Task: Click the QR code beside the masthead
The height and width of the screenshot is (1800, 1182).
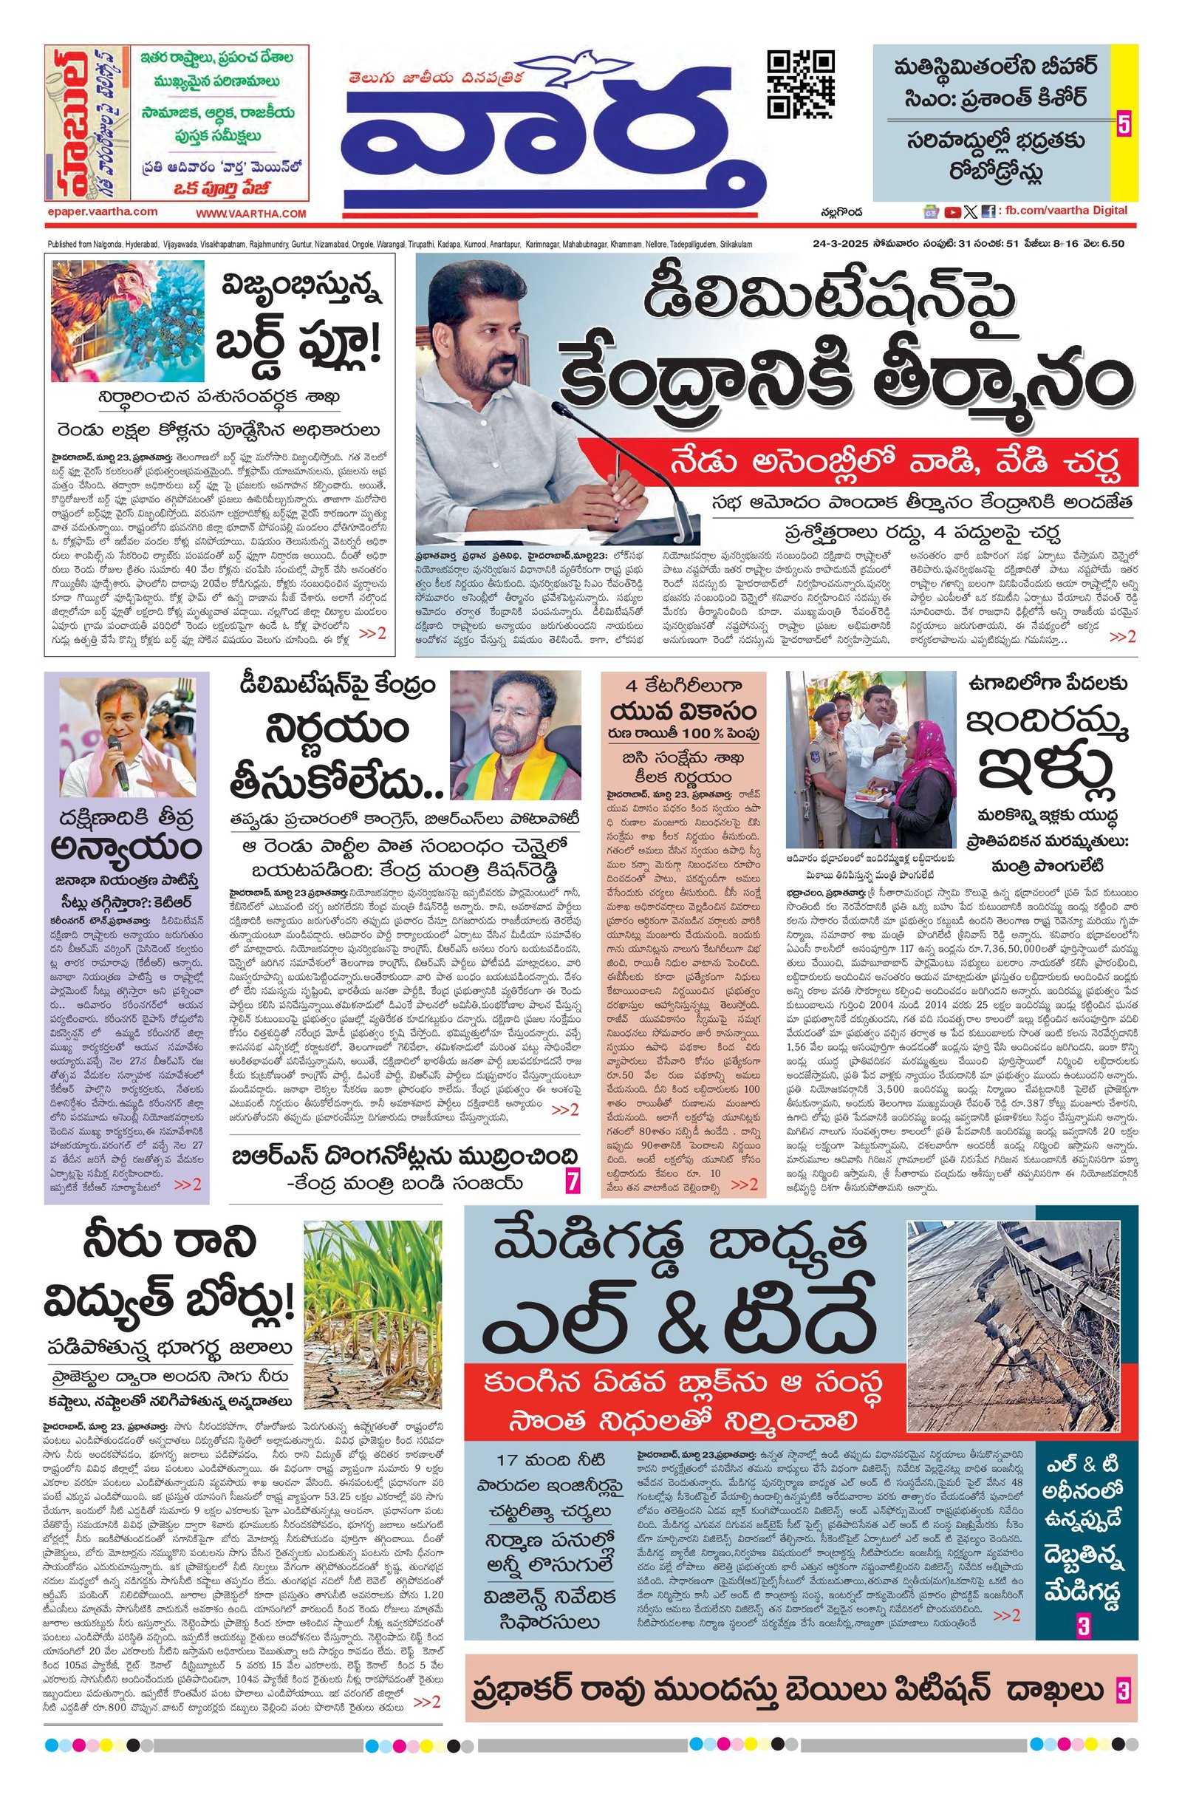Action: click(800, 84)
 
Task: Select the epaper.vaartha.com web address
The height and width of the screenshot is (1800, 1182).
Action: click(100, 212)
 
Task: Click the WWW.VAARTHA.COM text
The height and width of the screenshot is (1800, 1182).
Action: click(251, 214)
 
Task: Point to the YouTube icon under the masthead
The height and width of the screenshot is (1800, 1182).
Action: click(953, 212)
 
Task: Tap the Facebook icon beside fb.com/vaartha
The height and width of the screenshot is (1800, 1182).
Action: click(988, 212)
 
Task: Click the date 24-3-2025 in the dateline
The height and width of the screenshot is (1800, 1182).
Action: click(833, 244)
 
